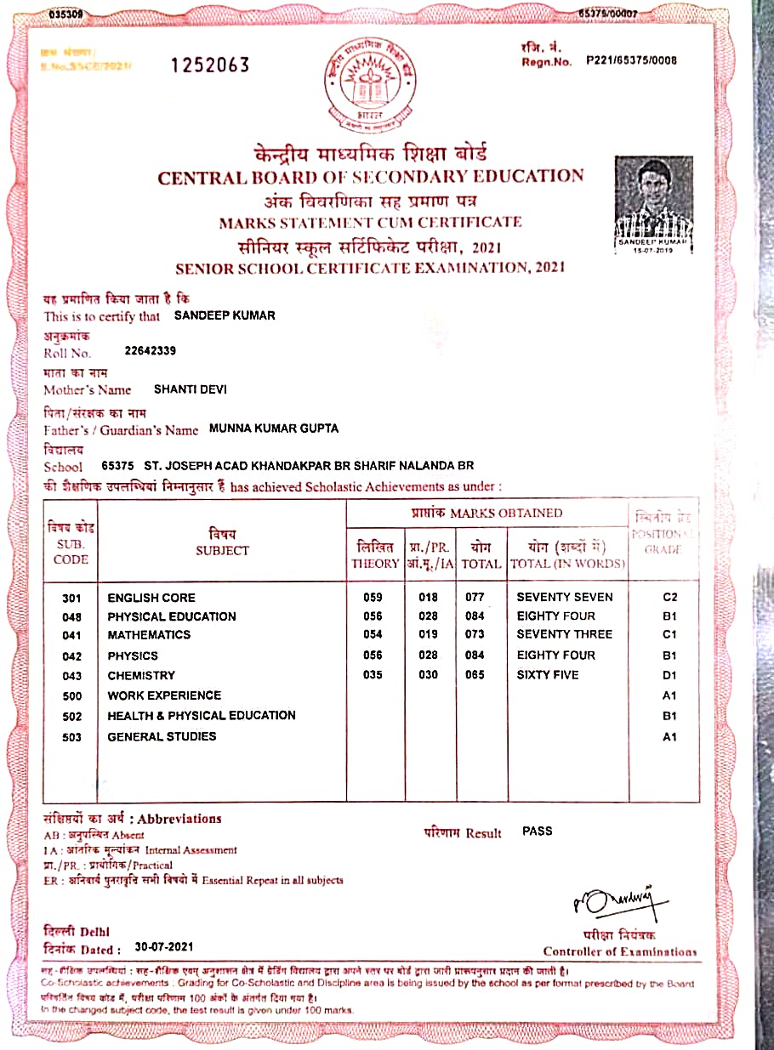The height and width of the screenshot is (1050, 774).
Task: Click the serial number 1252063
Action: click(210, 65)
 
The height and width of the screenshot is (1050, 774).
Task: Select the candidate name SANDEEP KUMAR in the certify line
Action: click(225, 315)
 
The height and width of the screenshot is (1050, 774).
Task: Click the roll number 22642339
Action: click(151, 350)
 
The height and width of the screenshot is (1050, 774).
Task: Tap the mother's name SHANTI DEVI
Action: click(191, 389)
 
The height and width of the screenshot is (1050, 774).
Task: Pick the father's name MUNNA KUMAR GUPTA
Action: click(274, 429)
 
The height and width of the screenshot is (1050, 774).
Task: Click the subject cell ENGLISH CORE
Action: click(151, 598)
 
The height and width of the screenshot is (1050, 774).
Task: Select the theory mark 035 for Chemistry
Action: click(373, 675)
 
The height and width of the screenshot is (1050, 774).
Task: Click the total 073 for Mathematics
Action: click(475, 635)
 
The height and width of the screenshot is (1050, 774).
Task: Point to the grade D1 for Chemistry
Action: click(669, 676)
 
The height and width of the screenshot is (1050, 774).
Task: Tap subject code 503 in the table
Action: click(72, 737)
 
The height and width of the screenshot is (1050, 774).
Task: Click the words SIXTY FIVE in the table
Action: click(548, 675)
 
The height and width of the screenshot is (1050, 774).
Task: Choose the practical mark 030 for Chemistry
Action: click(429, 675)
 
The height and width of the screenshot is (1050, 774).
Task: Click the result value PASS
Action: click(538, 831)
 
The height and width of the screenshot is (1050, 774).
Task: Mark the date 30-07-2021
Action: click(166, 947)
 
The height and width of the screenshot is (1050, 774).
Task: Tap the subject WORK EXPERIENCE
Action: click(164, 695)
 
